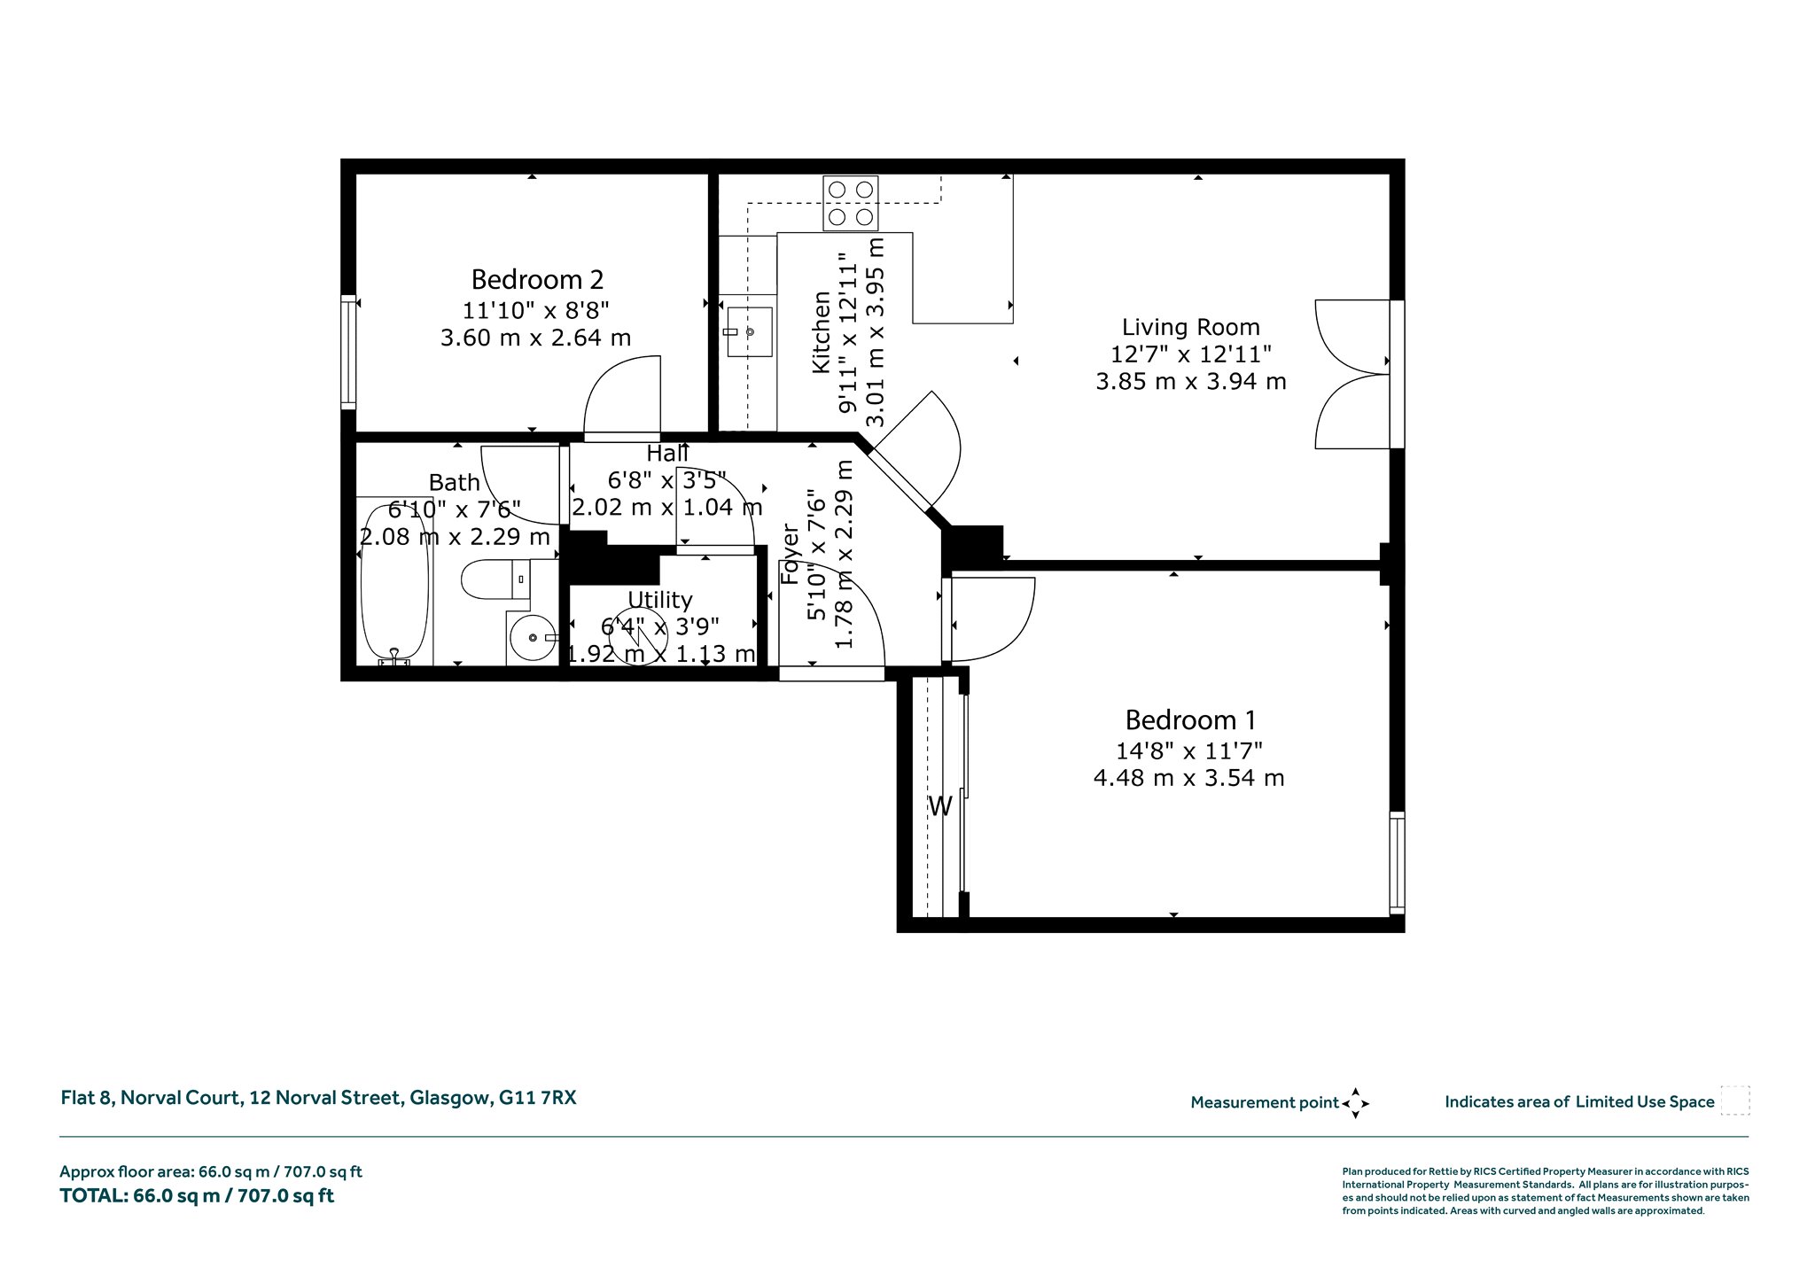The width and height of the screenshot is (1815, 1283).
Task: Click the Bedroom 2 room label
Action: point(537,280)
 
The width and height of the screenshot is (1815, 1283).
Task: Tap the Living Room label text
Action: point(1191,327)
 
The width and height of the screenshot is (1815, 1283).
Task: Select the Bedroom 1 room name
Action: point(1190,719)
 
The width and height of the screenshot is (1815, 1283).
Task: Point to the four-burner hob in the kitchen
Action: point(851,203)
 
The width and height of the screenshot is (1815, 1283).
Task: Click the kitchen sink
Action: point(749,332)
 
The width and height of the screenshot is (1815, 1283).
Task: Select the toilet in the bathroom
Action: point(496,579)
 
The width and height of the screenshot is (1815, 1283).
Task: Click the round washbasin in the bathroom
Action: point(533,637)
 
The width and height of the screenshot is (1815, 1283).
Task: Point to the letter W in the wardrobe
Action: point(939,806)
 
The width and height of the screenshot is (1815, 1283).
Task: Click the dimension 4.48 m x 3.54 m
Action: point(1188,778)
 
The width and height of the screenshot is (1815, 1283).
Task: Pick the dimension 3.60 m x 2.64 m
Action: point(535,338)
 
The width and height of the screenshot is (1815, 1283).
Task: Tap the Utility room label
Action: point(659,601)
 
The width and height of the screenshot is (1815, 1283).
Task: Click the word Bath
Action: point(454,483)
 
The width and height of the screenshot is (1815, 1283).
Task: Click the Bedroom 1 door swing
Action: point(993,619)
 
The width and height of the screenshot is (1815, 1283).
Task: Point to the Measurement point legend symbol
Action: point(1355,1103)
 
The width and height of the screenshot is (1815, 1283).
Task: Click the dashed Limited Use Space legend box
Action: point(1734,1100)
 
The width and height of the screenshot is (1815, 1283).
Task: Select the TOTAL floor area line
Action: point(197,1196)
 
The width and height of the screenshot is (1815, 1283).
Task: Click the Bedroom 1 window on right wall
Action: point(1397,863)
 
